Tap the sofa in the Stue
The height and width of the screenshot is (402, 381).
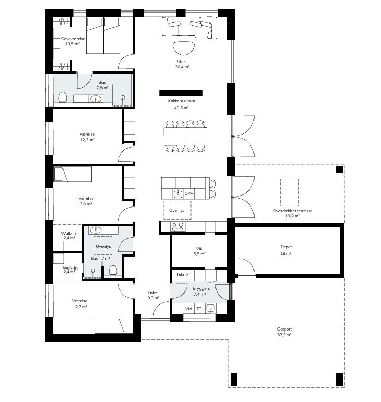tap(189, 28)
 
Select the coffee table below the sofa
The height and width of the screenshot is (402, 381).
tap(183, 48)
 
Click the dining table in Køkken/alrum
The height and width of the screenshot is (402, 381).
tap(185, 137)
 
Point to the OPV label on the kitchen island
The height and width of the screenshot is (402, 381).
tap(188, 194)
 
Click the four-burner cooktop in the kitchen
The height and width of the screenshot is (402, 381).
tap(177, 227)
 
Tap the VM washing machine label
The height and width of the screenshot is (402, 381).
tap(188, 309)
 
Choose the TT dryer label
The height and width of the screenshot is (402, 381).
tap(199, 309)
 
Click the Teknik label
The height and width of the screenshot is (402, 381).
tap(183, 274)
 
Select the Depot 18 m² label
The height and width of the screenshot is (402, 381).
tap(286, 250)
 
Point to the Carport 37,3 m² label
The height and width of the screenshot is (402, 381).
tap(285, 332)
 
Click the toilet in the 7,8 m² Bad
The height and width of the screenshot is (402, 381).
tap(62, 98)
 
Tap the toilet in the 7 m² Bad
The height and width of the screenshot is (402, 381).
tap(113, 270)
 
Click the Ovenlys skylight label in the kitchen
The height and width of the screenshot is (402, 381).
tap(176, 210)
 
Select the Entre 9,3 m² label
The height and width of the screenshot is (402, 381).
tap(154, 295)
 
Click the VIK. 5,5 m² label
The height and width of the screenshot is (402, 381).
tap(199, 251)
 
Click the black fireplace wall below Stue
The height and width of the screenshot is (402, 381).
tap(181, 93)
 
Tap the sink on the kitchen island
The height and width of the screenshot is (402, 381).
tap(178, 194)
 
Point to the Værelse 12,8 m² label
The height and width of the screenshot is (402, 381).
tap(85, 201)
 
